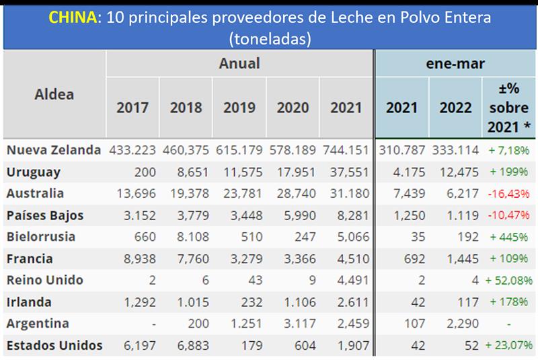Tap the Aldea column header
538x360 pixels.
coord(54,94)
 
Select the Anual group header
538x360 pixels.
coord(239,64)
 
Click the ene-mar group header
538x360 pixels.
coord(456,64)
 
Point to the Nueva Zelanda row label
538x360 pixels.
coord(53,150)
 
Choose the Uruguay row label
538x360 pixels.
coord(33,172)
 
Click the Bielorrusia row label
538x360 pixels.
coord(40,237)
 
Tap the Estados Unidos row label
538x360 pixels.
coord(54,346)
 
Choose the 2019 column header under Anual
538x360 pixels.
coord(239,108)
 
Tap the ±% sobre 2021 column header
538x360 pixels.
coord(508,108)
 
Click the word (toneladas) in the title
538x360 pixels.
coord(269,39)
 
